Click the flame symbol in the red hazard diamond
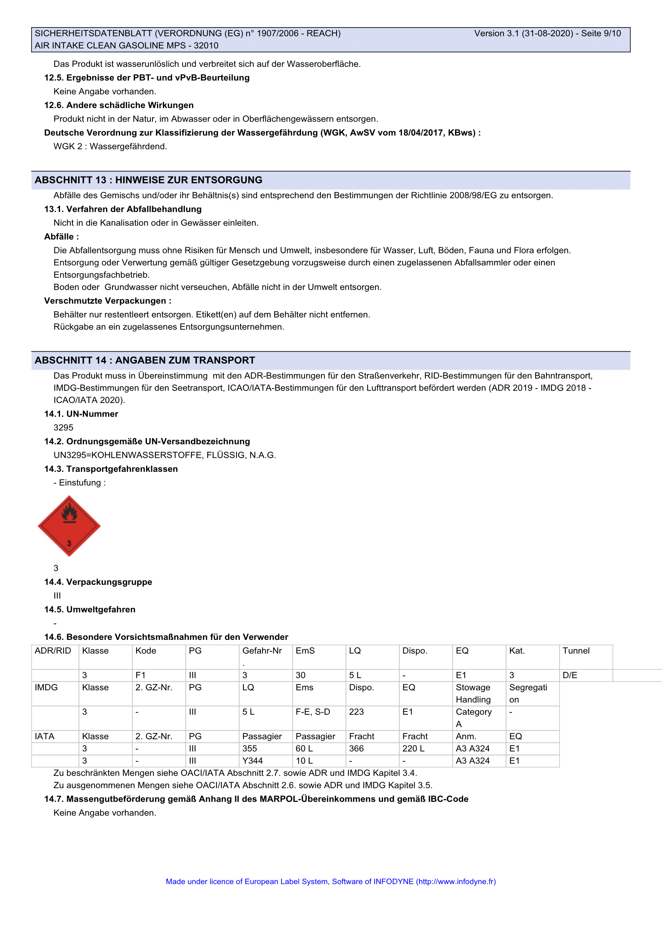pos(69,513)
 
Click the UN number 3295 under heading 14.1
pos(63,428)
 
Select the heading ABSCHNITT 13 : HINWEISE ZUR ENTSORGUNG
pos(148,180)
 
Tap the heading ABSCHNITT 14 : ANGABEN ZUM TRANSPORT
pos(145,361)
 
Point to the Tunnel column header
pos(576,651)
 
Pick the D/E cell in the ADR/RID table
pos(570,675)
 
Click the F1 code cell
pos(140,675)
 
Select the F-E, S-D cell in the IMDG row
pos(313,712)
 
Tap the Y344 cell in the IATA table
pos(252,761)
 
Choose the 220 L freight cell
pos(413,748)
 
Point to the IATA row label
pos(44,736)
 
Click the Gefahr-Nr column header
pos(262,651)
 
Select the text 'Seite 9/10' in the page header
pos(601,34)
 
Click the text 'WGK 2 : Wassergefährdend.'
pos(110,146)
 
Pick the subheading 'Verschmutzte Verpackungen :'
pos(108,301)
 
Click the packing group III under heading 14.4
pos(57,595)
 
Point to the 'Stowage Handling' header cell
pos(473,693)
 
